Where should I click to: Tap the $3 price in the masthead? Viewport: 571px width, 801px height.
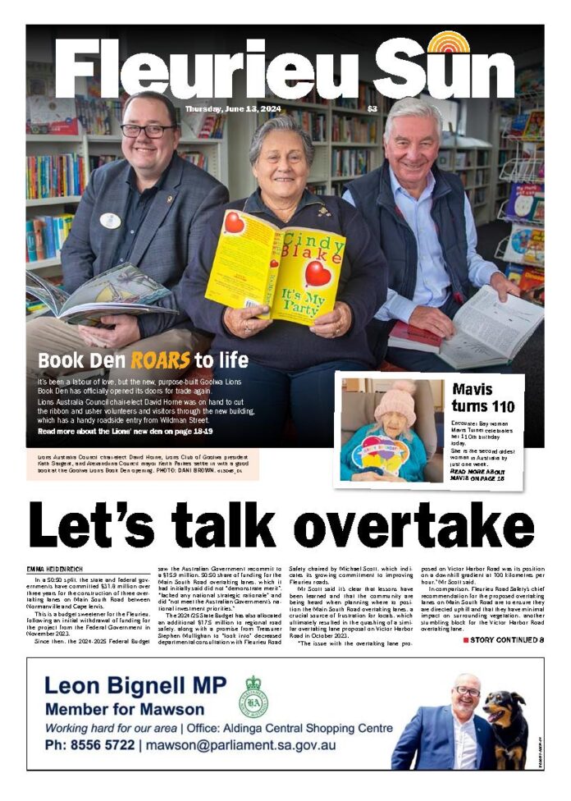pos(372,109)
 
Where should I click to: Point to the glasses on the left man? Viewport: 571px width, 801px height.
pos(148,130)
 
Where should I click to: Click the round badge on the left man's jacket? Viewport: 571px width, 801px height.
pos(109,220)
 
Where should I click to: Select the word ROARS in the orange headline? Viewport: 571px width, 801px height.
pos(159,359)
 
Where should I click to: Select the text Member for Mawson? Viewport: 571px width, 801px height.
pos(125,708)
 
